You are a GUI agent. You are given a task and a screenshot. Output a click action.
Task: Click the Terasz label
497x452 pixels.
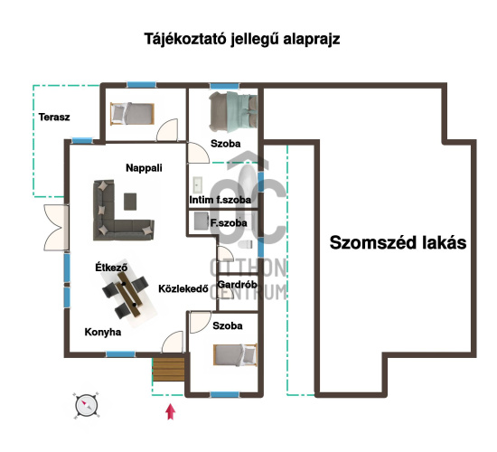tap(54, 117)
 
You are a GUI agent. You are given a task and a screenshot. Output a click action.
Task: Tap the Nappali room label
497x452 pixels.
tap(144, 168)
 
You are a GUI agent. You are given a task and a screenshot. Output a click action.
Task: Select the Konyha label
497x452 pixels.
tap(103, 332)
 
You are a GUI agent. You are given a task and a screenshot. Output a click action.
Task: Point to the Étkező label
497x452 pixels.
tap(111, 267)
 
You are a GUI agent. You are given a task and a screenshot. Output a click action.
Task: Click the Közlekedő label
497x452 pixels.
tap(183, 288)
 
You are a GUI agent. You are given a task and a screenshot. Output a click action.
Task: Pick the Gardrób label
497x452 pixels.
tap(237, 284)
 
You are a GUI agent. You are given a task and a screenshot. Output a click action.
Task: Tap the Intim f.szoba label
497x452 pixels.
tap(220, 200)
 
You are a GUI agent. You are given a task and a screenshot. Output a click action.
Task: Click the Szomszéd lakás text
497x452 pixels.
tap(398, 242)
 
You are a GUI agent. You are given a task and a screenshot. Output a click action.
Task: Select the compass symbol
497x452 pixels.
tap(87, 406)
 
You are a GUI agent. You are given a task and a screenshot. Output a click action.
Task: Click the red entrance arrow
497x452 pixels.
tap(171, 411)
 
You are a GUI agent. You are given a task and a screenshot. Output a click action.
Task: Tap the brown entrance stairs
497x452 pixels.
tap(168, 370)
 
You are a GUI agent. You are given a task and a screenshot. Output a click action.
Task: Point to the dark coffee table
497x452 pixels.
tap(130, 202)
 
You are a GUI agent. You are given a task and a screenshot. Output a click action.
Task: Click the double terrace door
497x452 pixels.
tap(56, 227)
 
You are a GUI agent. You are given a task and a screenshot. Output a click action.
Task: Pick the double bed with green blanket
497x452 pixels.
tap(233, 112)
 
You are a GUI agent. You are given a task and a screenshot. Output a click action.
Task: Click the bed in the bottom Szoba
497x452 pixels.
tap(235, 354)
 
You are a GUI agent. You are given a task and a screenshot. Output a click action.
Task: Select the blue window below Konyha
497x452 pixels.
tap(120, 354)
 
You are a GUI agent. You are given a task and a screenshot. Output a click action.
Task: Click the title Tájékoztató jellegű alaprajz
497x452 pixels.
tap(242, 40)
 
